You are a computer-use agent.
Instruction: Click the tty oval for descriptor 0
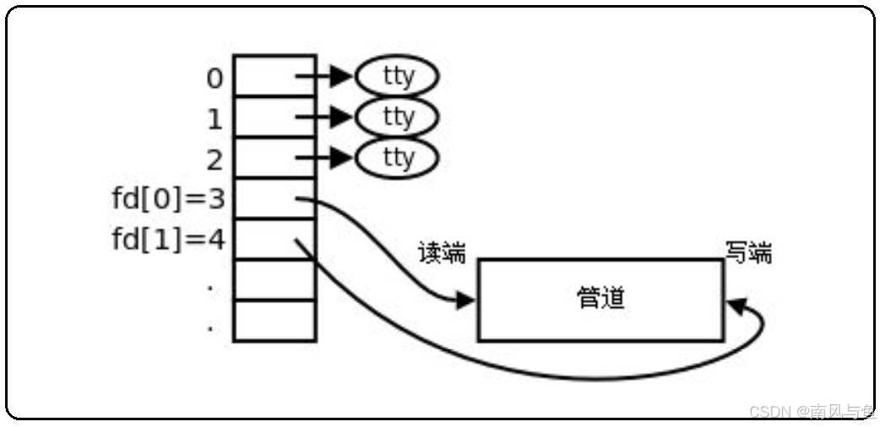[x=397, y=77]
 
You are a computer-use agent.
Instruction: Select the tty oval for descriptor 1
[x=397, y=116]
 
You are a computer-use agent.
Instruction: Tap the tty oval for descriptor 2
[x=397, y=158]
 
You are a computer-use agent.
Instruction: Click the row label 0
[x=215, y=78]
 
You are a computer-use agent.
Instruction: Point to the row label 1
[x=215, y=119]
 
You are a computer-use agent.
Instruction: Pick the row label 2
[x=215, y=159]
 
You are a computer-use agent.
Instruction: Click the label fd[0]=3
[x=168, y=200]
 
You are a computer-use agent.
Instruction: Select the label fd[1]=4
[x=168, y=241]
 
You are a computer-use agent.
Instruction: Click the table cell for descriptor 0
[x=274, y=76]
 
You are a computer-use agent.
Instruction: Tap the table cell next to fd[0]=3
[x=274, y=198]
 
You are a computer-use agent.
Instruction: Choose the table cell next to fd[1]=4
[x=274, y=239]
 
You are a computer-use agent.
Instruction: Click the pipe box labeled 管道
[x=600, y=300]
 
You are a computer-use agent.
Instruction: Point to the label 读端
[x=442, y=252]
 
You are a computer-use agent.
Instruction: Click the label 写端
[x=748, y=252]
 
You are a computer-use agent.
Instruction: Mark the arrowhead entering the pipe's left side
[x=465, y=300]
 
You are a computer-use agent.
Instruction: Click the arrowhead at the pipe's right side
[x=736, y=306]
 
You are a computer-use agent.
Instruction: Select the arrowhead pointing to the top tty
[x=340, y=77]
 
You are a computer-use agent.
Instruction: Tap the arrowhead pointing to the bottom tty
[x=340, y=158]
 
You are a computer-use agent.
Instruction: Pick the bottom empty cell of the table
[x=274, y=321]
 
